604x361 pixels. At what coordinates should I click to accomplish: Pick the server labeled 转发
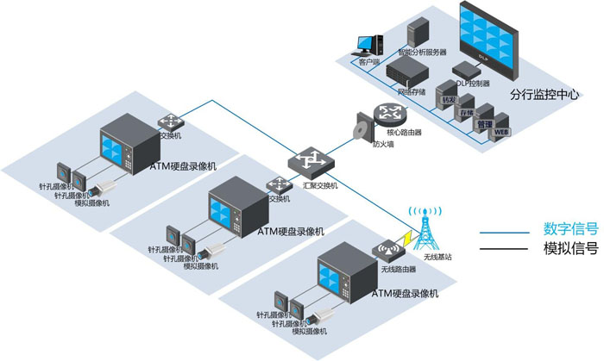tap(447, 94)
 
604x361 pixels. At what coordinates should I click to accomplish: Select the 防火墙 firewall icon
tap(362, 130)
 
